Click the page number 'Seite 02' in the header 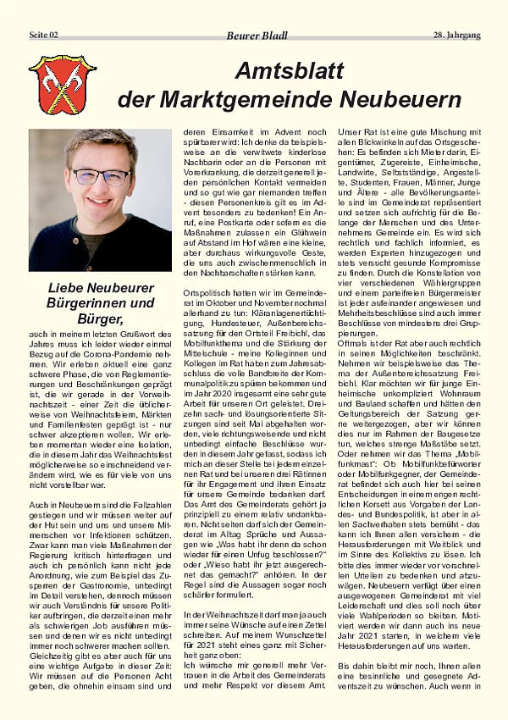click(x=44, y=35)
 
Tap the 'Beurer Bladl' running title click(x=257, y=36)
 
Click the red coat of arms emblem click(x=62, y=85)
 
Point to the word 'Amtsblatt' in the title click(x=290, y=71)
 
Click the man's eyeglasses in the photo click(x=101, y=177)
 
